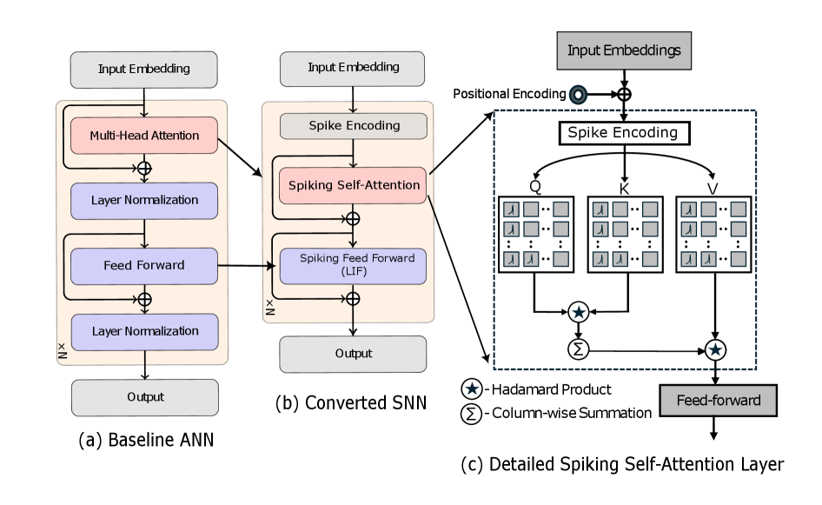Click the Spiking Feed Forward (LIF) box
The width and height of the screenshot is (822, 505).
[x=352, y=264]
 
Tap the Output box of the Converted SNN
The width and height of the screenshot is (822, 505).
[x=352, y=354]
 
